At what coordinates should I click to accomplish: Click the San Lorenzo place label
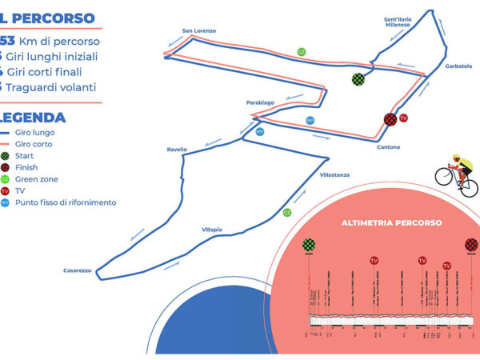click(x=199, y=31)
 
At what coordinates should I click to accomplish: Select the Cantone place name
click(x=387, y=146)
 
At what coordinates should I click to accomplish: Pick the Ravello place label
click(x=177, y=150)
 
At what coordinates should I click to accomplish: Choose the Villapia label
click(x=211, y=230)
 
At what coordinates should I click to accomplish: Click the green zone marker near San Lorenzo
click(x=302, y=52)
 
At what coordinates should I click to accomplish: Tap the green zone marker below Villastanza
click(x=286, y=213)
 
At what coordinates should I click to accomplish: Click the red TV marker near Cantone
click(x=404, y=118)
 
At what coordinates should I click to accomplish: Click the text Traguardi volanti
click(x=57, y=86)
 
